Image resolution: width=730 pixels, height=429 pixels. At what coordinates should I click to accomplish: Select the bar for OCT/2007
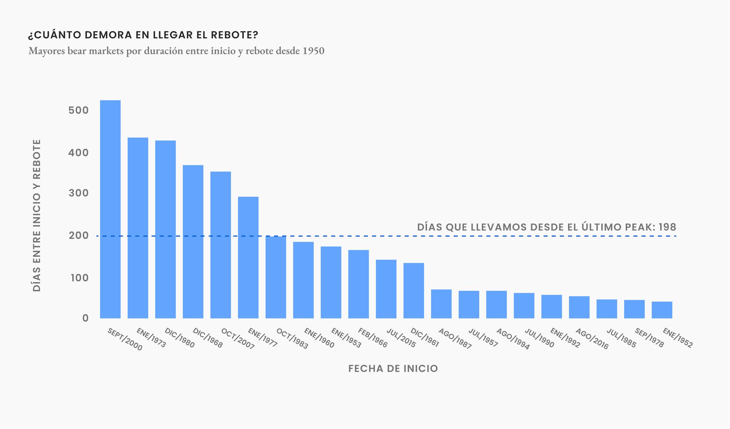pos(220,245)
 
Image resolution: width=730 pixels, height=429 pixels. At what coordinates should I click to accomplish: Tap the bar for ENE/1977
pos(248,258)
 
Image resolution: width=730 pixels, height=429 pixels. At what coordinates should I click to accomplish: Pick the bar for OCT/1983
pos(276,277)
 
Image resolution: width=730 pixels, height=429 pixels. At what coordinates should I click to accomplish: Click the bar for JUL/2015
pos(386,289)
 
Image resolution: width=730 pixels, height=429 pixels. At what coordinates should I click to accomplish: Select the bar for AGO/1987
pos(441,304)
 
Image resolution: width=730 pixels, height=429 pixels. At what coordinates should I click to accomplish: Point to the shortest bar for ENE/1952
pos(662,310)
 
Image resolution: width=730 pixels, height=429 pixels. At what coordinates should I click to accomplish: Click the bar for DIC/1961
pos(414,290)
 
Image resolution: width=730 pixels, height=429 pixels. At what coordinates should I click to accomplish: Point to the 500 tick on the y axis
pos(78,110)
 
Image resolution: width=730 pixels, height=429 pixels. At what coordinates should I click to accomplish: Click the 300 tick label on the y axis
pos(78,193)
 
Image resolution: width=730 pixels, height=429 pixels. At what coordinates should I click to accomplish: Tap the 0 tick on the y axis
pos(85,318)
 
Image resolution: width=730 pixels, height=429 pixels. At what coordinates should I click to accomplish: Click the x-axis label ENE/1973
pos(151,337)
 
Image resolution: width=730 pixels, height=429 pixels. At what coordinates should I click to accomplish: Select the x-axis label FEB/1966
pos(372,337)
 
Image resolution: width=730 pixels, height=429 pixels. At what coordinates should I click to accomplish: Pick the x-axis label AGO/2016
pos(592,339)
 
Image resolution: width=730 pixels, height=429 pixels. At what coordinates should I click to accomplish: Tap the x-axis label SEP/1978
pos(649,337)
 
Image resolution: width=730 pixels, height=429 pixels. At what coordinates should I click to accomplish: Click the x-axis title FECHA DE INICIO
pos(393,368)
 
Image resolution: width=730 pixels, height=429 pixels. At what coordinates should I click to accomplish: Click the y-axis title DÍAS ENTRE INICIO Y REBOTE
pos(37,215)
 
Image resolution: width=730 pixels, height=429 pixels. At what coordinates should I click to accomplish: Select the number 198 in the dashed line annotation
pos(667,227)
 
